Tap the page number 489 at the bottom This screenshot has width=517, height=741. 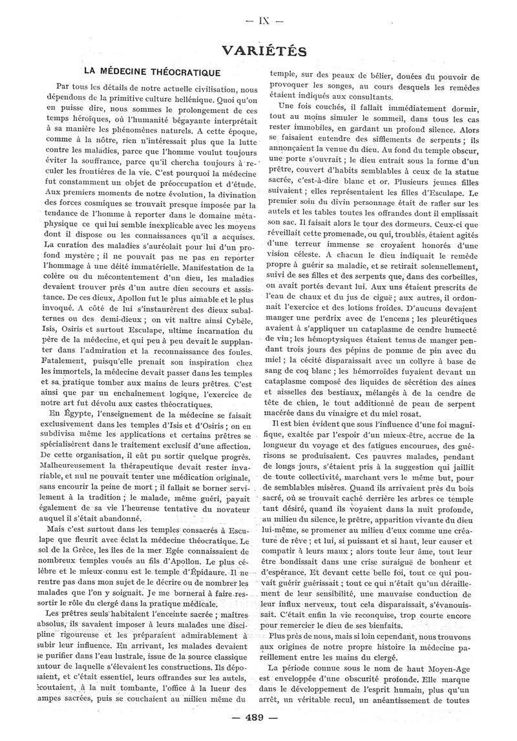258,718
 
